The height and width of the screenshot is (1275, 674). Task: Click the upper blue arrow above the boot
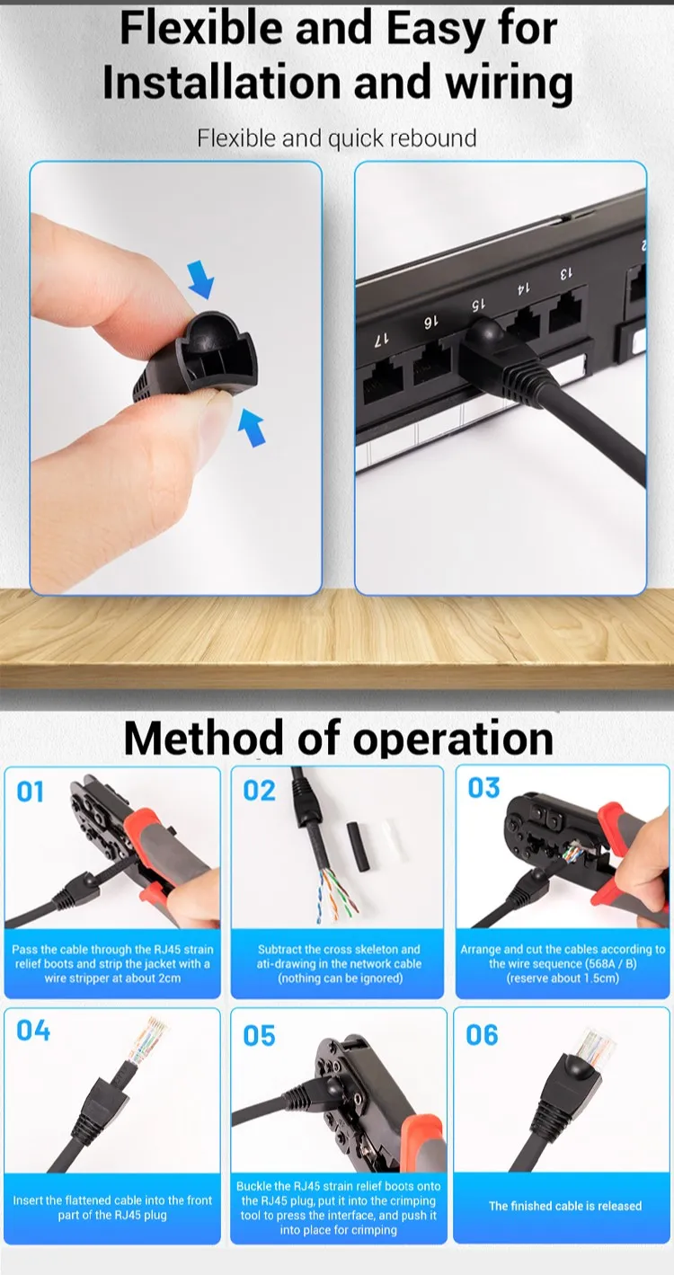coord(203,280)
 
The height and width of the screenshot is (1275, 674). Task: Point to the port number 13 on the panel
coord(566,273)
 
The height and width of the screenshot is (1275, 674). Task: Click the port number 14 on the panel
coord(521,289)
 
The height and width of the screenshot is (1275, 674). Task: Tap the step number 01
coord(31,792)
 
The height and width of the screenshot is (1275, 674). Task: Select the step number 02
coord(259,791)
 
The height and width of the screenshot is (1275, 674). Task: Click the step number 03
coord(483,788)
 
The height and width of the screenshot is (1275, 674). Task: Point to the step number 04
coord(33,1031)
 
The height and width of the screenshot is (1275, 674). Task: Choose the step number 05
coord(259,1036)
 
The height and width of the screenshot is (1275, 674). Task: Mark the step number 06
coord(482,1035)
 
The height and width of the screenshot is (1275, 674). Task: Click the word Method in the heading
coord(203,739)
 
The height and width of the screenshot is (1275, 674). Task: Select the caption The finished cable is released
coord(565,1206)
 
